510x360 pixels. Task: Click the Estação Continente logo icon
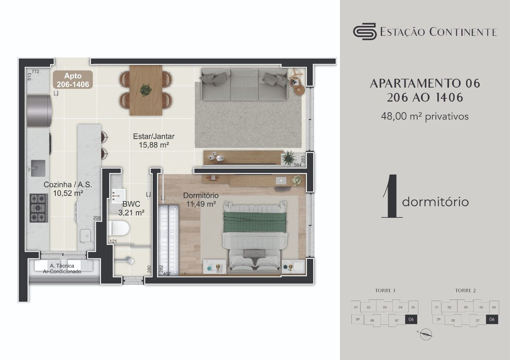click(365, 31)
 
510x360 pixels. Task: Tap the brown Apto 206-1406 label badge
click(73, 80)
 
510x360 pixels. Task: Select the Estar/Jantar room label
click(153, 141)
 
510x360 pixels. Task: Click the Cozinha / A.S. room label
click(68, 189)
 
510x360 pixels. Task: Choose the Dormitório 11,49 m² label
click(201, 200)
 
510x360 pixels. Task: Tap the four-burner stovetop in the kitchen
click(39, 207)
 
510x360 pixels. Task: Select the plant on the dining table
click(145, 90)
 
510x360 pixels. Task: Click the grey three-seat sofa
click(244, 84)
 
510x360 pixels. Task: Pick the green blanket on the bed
click(255, 221)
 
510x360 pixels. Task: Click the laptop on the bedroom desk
click(281, 181)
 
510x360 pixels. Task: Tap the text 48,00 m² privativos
click(425, 116)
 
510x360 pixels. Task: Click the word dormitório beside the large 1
click(435, 202)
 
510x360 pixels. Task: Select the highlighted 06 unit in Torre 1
click(412, 319)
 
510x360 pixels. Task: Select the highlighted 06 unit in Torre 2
click(492, 319)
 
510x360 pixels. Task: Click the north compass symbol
click(426, 335)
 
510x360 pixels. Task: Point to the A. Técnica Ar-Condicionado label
click(62, 268)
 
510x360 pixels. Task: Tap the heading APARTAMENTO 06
click(425, 84)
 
